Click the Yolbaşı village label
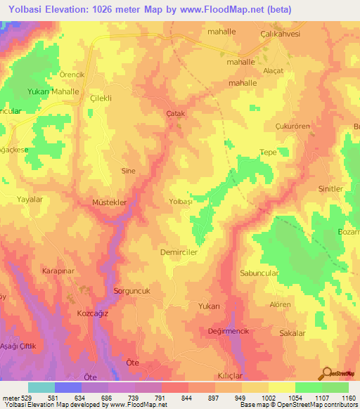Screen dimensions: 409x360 point(181,202)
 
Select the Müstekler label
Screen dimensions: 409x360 point(109,202)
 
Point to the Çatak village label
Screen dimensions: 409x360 point(175,113)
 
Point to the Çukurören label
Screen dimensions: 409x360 point(282,127)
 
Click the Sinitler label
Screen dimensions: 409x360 point(330,189)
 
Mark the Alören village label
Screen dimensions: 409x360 point(280,304)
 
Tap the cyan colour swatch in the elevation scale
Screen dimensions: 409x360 point(41,387)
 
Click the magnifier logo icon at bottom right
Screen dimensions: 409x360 point(326,373)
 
